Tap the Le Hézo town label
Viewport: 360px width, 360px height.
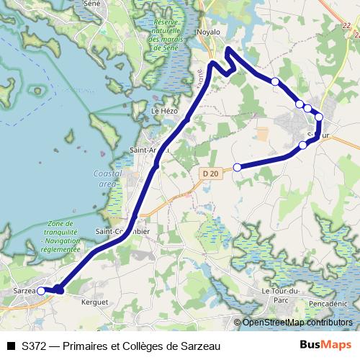tap(164, 111)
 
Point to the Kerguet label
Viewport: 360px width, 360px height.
tap(95, 302)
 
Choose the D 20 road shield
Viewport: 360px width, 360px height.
tap(210, 174)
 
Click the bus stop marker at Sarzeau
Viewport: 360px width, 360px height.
tap(41, 290)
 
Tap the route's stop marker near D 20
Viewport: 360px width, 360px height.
tap(238, 168)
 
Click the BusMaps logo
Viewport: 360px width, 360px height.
tap(325, 346)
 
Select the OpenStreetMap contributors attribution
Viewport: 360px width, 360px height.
tap(293, 323)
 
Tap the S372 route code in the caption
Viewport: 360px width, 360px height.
tap(35, 346)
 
